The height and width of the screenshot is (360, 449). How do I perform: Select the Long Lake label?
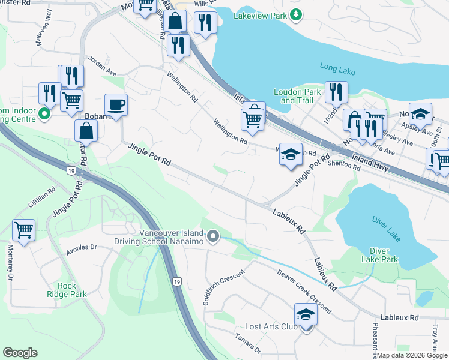337,71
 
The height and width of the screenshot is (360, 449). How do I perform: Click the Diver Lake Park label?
379,255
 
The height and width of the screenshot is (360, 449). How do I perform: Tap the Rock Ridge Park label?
67,290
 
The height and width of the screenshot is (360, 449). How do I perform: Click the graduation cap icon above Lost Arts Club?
305,314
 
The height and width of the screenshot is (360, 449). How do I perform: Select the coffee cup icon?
116,104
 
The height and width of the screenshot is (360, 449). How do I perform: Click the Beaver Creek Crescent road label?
304,290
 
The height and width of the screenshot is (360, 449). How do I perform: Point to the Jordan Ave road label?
102,65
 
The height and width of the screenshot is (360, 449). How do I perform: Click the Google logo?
20,353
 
